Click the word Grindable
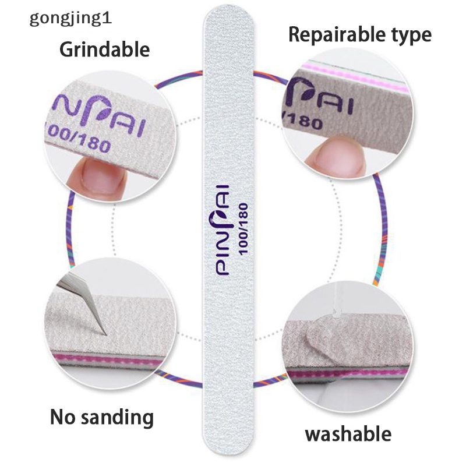(104, 49)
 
